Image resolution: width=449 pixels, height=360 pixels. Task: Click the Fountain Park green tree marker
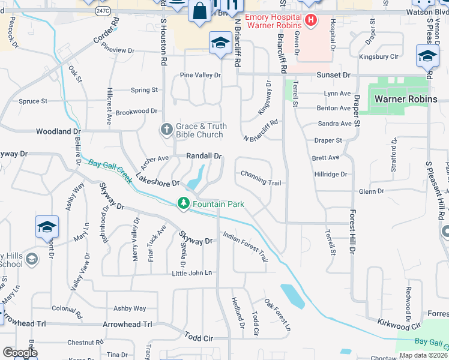184,204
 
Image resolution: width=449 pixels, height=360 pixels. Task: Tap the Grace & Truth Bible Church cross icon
167,129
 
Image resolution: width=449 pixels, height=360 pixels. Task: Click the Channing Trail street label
261,174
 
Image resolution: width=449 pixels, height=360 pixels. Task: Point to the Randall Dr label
204,156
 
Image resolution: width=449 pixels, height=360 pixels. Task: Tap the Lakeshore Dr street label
157,179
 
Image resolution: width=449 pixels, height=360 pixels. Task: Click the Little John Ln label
192,273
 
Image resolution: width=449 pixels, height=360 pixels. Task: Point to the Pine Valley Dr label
200,76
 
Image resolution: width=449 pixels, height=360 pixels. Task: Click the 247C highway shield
103,11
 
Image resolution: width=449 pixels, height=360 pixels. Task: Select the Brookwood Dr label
136,112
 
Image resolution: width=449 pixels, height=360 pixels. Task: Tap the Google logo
20,352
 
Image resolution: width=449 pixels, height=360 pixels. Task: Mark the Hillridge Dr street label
331,175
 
